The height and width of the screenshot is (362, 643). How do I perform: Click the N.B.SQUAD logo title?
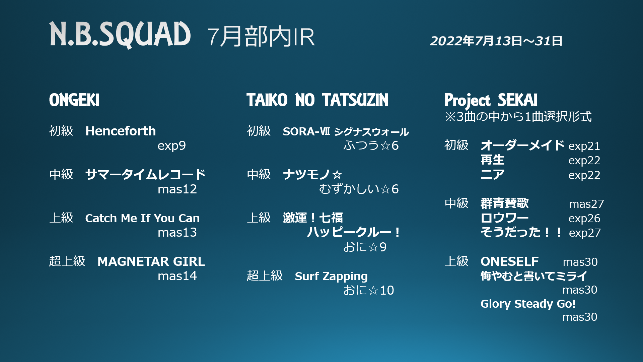[120, 35]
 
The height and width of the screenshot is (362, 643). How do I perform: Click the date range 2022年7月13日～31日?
[496, 41]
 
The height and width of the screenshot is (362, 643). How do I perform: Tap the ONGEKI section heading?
[74, 100]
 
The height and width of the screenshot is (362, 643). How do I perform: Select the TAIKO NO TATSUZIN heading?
[317, 100]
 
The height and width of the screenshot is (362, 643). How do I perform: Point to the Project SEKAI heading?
[491, 101]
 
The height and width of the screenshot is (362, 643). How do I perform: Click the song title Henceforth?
[121, 131]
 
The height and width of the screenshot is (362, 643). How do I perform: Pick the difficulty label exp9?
[172, 146]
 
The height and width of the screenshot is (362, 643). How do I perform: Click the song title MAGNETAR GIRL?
[151, 261]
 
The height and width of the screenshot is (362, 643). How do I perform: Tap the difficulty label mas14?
[177, 276]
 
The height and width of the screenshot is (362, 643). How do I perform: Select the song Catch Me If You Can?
[142, 218]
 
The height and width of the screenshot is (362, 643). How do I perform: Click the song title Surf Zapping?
[331, 277]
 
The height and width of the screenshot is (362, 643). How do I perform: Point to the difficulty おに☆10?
[369, 290]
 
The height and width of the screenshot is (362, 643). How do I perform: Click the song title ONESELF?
[510, 261]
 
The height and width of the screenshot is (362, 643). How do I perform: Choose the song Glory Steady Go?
[528, 304]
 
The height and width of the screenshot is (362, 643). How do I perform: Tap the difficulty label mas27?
[586, 204]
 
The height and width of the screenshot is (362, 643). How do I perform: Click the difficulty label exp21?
[584, 146]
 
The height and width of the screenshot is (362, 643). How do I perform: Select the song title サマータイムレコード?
[145, 175]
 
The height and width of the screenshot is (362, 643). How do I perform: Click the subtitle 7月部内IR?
[261, 37]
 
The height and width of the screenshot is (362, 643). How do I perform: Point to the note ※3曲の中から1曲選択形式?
[518, 117]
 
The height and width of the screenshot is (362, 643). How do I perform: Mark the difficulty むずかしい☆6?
[359, 189]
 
